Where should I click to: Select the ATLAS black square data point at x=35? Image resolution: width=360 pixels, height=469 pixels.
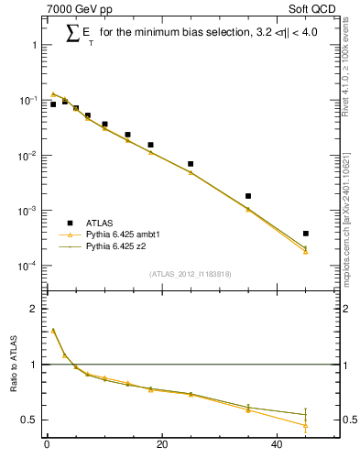click(x=248, y=196)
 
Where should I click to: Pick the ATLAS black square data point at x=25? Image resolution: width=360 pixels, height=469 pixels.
click(x=191, y=164)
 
